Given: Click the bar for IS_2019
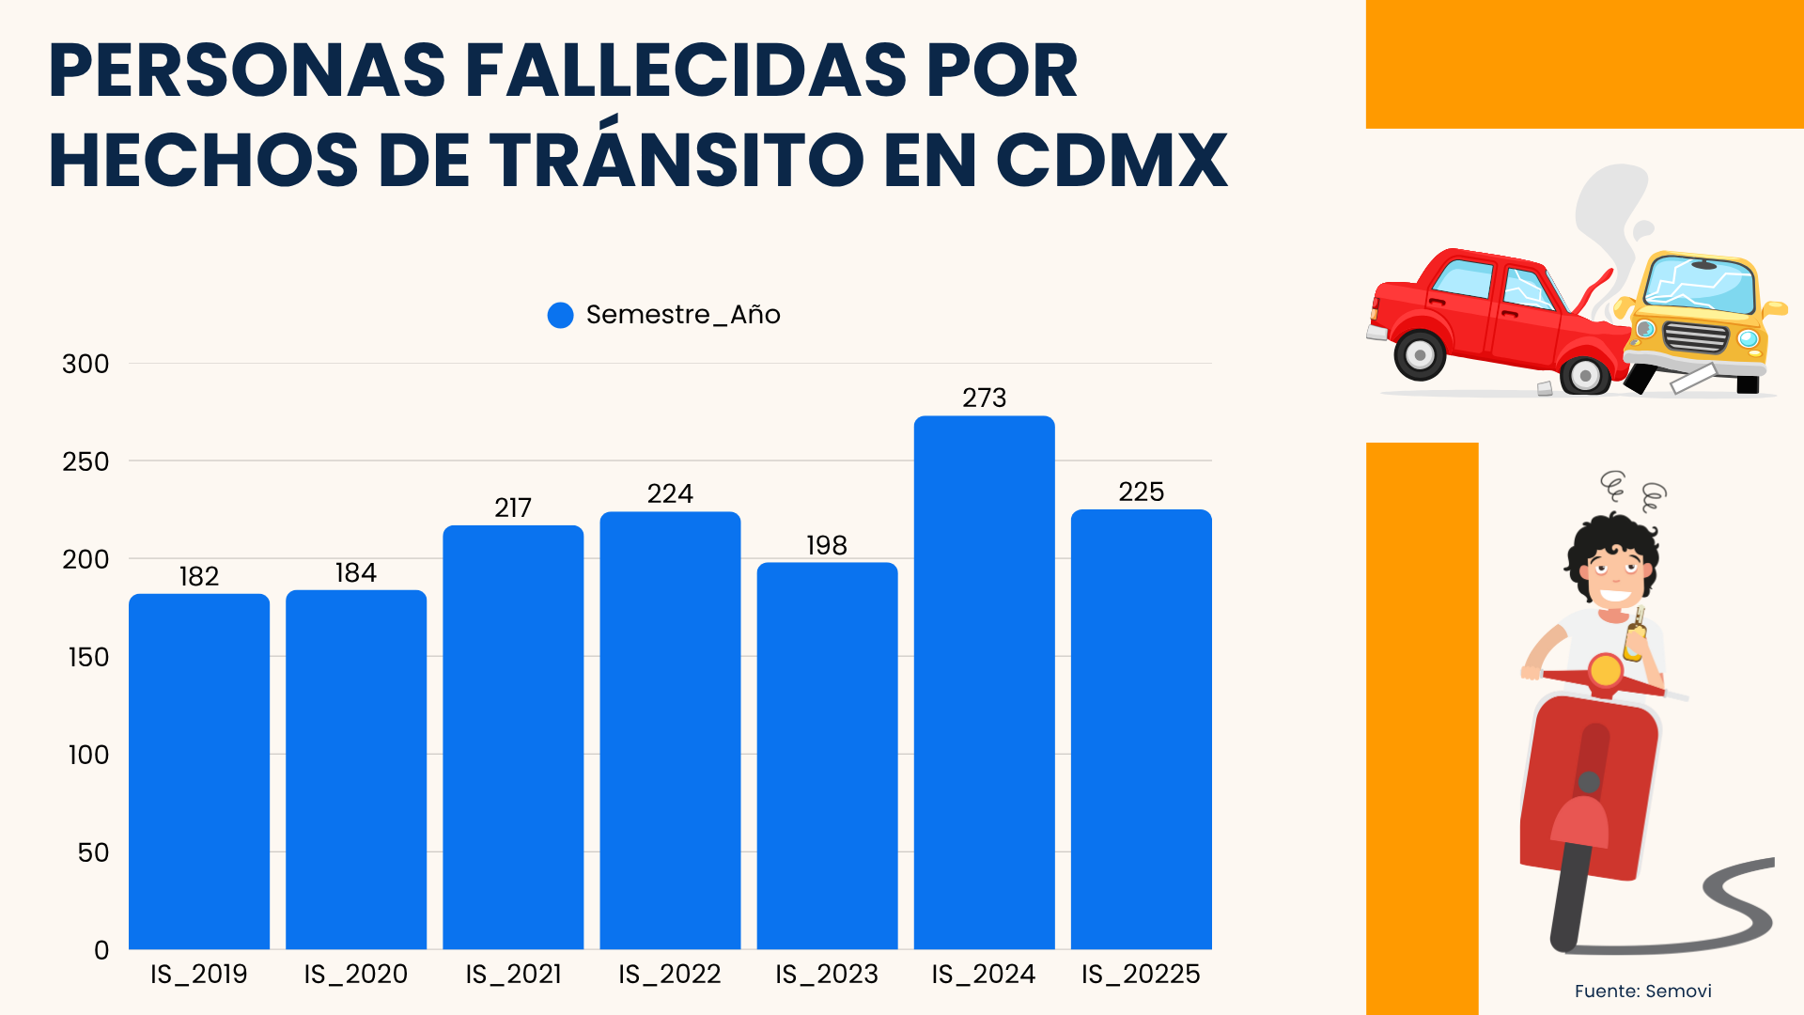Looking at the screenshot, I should [199, 771].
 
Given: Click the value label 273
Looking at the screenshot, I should [984, 398].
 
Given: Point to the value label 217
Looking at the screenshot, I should [513, 507].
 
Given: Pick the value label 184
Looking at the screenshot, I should [356, 572].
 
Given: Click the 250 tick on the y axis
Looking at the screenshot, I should [86, 461].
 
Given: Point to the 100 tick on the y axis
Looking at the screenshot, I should [88, 755].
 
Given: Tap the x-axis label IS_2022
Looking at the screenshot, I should [670, 974].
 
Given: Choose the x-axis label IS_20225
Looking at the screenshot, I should [1141, 974].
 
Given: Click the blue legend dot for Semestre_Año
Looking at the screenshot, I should [561, 315].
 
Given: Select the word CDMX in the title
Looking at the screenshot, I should [1112, 160].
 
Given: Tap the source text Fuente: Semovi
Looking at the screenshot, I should [1642, 991].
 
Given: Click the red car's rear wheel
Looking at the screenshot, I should [1420, 355].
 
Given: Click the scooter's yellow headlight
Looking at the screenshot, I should [1606, 670].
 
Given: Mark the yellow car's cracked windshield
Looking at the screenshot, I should [1701, 284].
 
